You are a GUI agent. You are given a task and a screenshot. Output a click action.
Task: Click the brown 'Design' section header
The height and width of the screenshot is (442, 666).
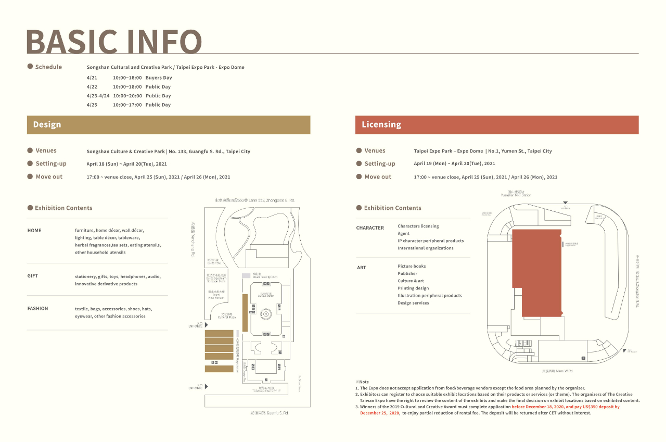click(x=47, y=125)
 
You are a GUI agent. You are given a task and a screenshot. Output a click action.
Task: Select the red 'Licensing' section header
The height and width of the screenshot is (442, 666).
click(x=381, y=125)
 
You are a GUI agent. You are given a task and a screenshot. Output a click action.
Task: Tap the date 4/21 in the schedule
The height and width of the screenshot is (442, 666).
click(x=92, y=78)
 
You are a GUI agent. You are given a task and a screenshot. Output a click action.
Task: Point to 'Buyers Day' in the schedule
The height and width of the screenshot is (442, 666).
click(x=159, y=78)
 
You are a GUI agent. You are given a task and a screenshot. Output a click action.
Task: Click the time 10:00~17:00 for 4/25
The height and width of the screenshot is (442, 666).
click(x=127, y=105)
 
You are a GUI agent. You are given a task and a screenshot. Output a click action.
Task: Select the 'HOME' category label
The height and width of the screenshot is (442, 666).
click(x=34, y=231)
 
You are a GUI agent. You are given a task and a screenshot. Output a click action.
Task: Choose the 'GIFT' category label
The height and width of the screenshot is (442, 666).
click(x=33, y=276)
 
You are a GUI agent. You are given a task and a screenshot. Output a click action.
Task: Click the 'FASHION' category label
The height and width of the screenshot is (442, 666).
click(x=37, y=309)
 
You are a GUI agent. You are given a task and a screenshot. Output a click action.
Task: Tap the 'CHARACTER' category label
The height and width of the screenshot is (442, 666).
click(x=370, y=228)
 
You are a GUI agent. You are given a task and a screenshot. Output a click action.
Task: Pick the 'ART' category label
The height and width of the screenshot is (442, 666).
click(x=361, y=268)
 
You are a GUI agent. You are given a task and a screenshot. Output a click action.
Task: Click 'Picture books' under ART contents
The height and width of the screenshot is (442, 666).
click(x=412, y=267)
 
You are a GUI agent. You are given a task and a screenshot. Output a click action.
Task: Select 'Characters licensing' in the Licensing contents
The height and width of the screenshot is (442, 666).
click(x=418, y=226)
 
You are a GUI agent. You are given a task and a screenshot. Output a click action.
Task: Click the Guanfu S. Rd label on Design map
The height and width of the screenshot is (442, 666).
click(x=269, y=413)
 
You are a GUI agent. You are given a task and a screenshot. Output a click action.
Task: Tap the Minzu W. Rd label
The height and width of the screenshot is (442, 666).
click(x=557, y=371)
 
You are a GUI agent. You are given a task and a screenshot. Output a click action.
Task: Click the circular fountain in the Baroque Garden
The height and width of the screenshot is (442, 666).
click(x=266, y=314)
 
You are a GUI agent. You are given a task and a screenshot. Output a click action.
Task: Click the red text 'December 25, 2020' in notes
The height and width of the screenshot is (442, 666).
click(x=379, y=413)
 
